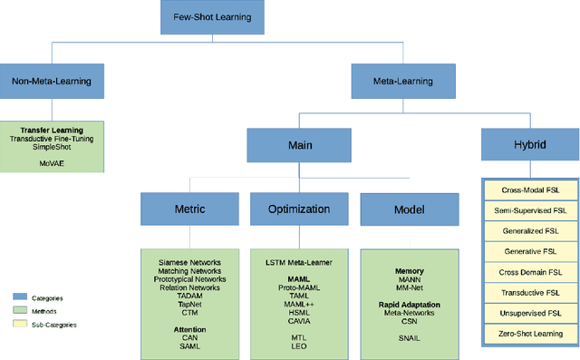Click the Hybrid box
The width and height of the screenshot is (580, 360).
click(530, 144)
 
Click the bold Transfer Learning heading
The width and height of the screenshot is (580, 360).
click(52, 130)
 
